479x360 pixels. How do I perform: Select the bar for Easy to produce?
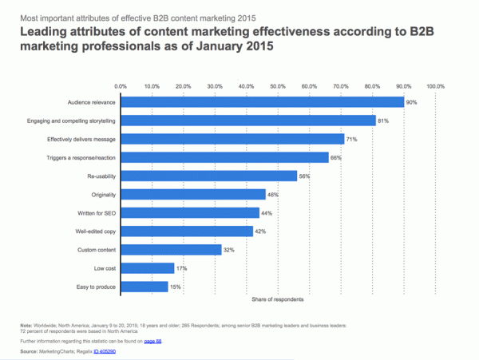pos(144,286)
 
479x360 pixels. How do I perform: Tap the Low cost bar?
pos(148,267)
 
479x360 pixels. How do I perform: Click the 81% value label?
pos(383,120)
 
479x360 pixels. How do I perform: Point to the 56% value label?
pos(304,176)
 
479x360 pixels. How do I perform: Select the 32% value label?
pos(229,249)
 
